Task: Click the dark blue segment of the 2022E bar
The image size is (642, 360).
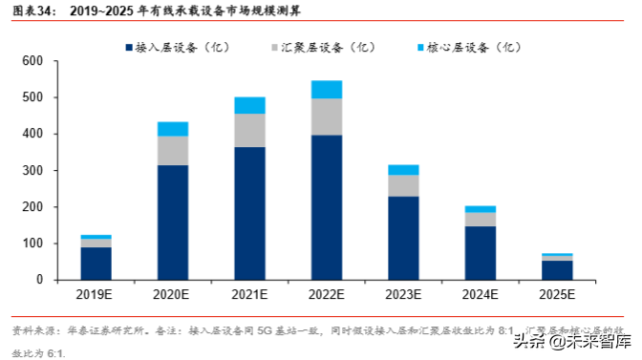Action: point(327,207)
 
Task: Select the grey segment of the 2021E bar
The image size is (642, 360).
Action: point(249,130)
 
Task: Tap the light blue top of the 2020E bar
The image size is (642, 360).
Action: point(173,129)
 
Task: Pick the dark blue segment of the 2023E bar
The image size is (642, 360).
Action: point(403,238)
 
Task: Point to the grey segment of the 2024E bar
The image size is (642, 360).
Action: point(480,219)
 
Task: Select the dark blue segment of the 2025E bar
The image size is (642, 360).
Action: point(557,270)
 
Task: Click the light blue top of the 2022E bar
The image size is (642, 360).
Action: point(327,89)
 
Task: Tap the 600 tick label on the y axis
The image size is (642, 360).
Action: point(33,61)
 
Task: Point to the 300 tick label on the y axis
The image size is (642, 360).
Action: point(33,171)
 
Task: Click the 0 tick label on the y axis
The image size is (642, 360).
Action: point(40,281)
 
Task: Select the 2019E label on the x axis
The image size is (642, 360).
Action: point(96,296)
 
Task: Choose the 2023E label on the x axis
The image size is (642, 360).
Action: point(403,296)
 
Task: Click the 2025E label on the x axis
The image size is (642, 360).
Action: point(557,296)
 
